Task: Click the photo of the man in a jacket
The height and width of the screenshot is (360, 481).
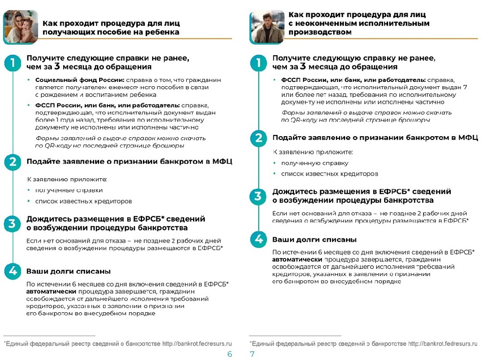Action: (266, 27)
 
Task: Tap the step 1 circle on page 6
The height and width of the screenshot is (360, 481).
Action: (12, 63)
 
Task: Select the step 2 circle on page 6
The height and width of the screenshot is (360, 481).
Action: (12, 162)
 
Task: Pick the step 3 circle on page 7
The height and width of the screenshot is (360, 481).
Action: (258, 196)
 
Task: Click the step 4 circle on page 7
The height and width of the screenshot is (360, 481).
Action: (258, 240)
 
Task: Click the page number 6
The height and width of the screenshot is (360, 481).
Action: (229, 354)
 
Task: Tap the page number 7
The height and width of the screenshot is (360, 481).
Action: (252, 354)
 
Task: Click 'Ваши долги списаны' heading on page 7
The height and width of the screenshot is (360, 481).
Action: (314, 239)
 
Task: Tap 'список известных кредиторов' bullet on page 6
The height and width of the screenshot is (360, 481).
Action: (84, 201)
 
